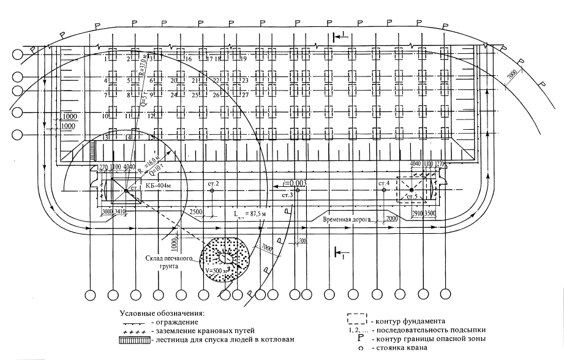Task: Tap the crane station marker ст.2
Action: [211, 190]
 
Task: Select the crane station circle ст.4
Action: [383, 190]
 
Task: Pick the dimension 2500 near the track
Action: [197, 211]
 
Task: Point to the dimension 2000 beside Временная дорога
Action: [393, 218]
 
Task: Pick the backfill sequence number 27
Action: [244, 95]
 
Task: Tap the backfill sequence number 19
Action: [243, 59]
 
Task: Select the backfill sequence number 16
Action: [188, 59]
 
